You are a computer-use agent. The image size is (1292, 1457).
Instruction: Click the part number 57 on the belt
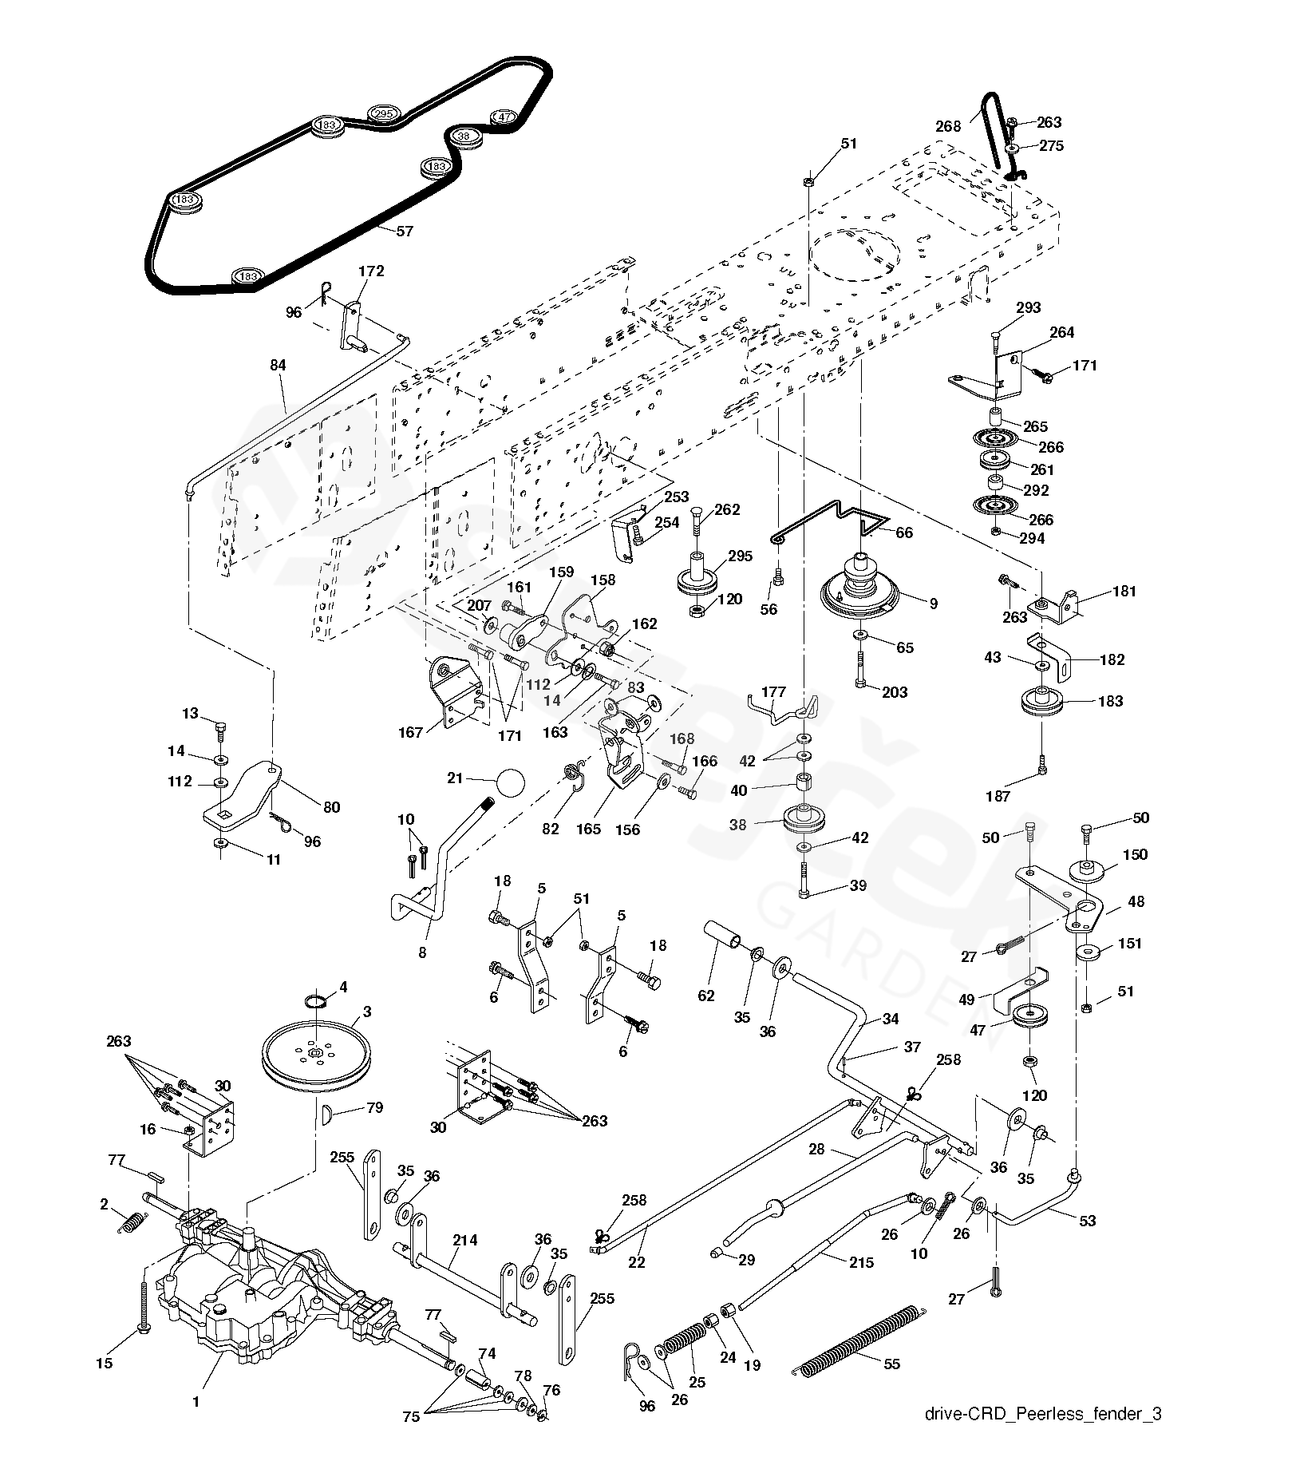pyautogui.click(x=405, y=232)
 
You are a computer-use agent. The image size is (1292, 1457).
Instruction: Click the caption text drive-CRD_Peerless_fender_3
pyautogui.click(x=1042, y=1414)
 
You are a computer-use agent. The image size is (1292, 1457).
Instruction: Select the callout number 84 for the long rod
pyautogui.click(x=278, y=366)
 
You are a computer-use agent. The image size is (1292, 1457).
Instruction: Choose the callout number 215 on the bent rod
pyautogui.click(x=862, y=1262)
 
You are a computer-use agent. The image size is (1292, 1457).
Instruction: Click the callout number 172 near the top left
pyautogui.click(x=371, y=271)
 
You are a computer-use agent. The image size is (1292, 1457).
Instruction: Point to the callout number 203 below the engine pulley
pyautogui.click(x=895, y=692)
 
